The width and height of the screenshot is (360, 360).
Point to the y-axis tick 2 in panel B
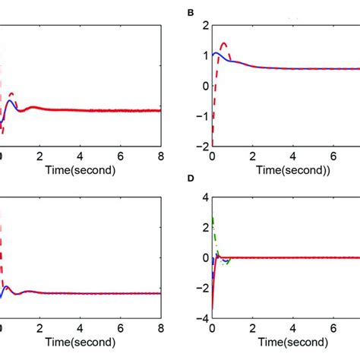tap(203, 25)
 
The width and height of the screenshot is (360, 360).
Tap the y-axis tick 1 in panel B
tap(203, 55)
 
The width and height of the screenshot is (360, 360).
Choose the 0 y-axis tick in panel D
tap(203, 258)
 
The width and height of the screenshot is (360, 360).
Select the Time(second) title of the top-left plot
tap(78, 169)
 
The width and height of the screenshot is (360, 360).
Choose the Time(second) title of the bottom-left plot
tap(78, 343)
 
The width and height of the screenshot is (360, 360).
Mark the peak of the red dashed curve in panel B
tap(223, 43)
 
